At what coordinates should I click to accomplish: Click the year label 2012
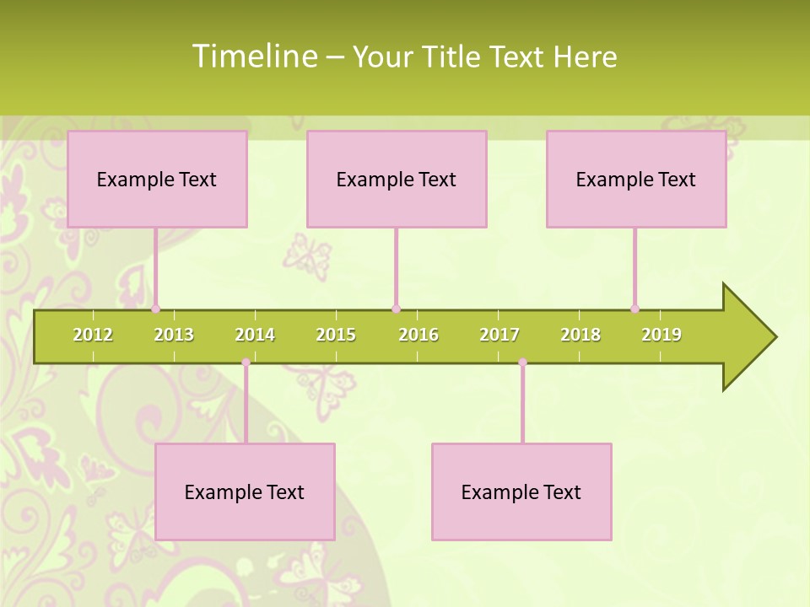pos(93,335)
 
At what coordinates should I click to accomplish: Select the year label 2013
pos(174,335)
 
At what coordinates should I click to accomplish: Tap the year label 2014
pos(255,335)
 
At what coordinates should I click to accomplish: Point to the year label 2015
pos(336,335)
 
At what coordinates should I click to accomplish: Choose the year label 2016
pos(418,335)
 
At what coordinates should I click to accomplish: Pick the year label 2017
pos(499,335)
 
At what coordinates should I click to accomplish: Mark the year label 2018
pos(580,335)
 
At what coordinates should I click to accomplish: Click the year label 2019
pos(661,335)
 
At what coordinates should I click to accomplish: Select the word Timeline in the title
pos(253,56)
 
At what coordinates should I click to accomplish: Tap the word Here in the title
pos(585,56)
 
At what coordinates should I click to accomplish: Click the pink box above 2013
pos(157,179)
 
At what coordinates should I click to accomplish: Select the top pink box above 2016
pos(397,179)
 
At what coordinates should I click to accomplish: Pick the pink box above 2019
pos(636,179)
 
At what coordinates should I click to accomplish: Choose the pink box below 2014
pos(245,492)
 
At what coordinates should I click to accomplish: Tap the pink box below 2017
pos(521,492)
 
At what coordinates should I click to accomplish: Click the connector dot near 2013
pos(156,309)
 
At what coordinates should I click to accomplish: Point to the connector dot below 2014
pos(246,363)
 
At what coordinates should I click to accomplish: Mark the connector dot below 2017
pos(522,363)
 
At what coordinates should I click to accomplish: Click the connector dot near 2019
pos(635,309)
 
